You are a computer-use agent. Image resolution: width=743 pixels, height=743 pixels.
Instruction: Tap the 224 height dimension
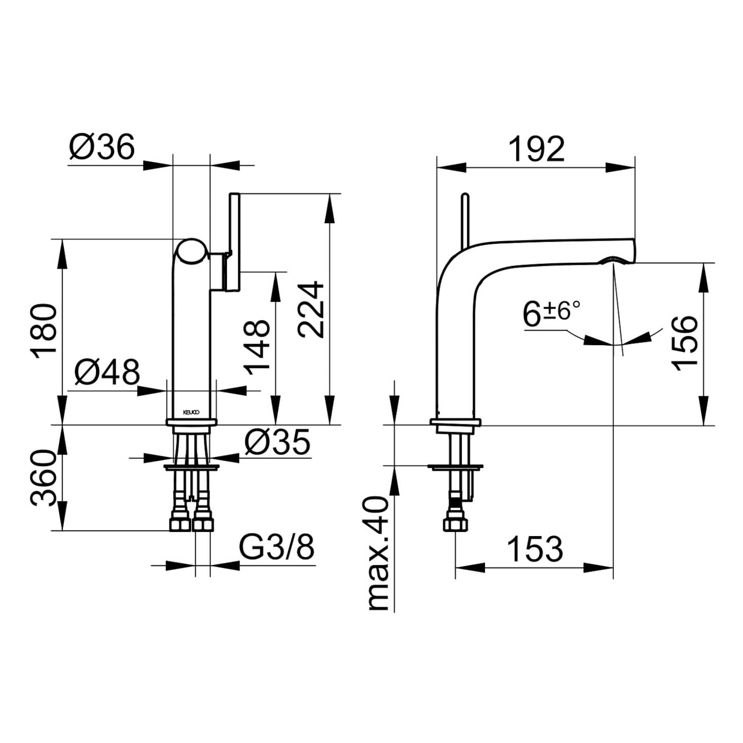[x=310, y=309]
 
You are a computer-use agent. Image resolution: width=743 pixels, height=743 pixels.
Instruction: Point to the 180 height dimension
[x=44, y=331]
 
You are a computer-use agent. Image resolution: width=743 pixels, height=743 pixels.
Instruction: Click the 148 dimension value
[x=258, y=347]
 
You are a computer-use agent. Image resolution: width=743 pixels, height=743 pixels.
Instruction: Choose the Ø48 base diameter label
[x=107, y=372]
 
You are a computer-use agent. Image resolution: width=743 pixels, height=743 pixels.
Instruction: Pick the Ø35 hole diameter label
[x=278, y=442]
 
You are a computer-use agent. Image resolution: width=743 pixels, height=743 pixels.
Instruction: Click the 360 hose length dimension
[x=43, y=478]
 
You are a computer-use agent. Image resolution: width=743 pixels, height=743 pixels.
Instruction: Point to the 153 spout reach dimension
[x=535, y=549]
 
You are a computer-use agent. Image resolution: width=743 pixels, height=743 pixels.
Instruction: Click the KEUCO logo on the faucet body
[x=191, y=412]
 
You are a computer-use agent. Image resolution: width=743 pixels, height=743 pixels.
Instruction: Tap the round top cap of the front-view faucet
[x=191, y=252]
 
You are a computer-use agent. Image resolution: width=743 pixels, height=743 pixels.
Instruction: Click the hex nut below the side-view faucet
[x=454, y=525]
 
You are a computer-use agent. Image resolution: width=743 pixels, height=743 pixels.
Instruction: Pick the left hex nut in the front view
[x=180, y=524]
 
